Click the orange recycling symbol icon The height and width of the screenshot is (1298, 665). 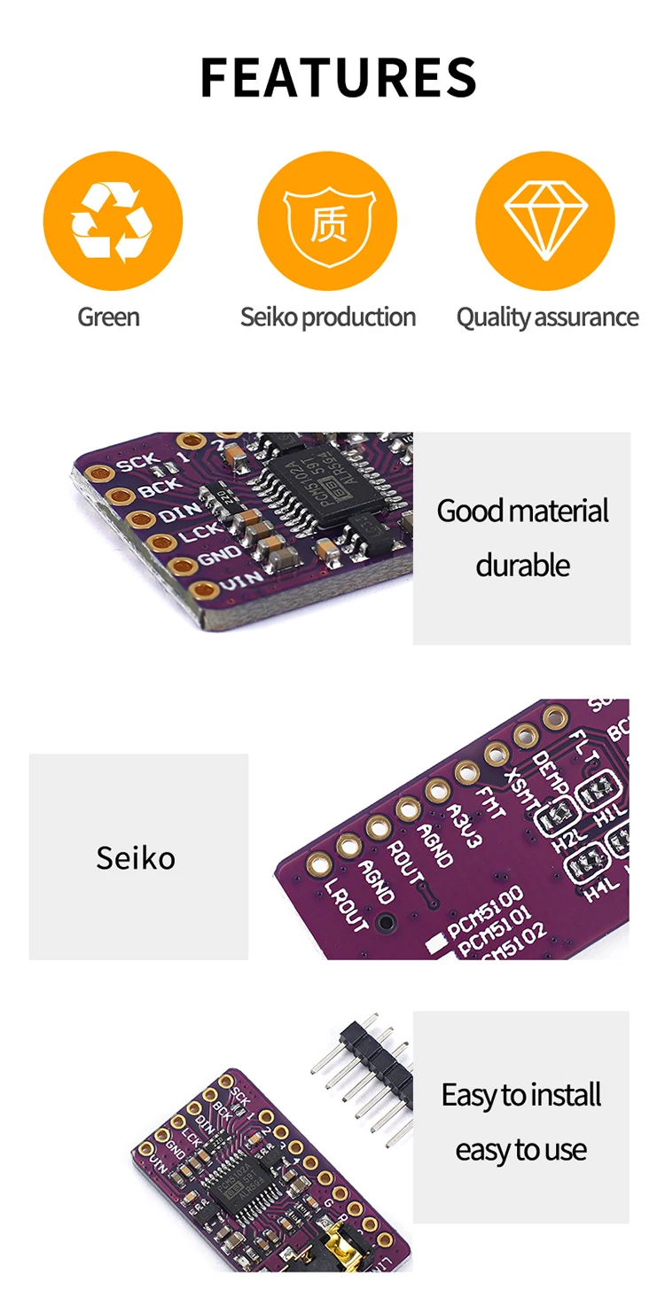coord(113,221)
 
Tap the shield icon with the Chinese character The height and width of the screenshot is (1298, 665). coord(327,221)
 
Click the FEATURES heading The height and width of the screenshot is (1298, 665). coord(338,77)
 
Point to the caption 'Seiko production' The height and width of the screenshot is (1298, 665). coord(327,317)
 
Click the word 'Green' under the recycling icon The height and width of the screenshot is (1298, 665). coord(108,317)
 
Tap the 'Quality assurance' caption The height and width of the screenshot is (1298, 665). coord(547,317)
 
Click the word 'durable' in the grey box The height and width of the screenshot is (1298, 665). coord(522,565)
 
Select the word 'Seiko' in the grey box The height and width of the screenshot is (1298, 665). coord(136,857)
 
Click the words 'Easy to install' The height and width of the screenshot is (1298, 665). coord(521,1095)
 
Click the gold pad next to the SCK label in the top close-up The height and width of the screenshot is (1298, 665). coord(98,473)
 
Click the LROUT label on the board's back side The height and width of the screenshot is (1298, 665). coord(347,905)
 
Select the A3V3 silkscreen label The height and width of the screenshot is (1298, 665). coord(463,825)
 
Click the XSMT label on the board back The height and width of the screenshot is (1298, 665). coord(521,787)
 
